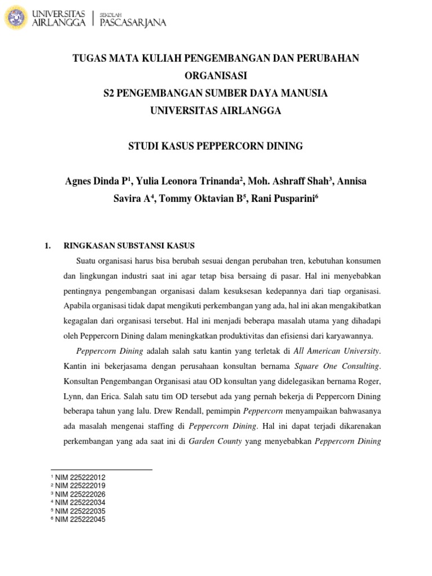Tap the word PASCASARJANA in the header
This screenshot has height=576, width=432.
[132, 22]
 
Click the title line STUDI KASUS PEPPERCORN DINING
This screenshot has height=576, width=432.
[216, 146]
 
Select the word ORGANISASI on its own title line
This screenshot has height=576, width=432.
[216, 75]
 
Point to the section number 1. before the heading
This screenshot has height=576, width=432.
[48, 246]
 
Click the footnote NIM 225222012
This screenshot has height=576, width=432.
[80, 477]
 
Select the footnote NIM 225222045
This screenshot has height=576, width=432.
[80, 519]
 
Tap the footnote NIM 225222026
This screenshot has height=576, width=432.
[80, 494]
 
